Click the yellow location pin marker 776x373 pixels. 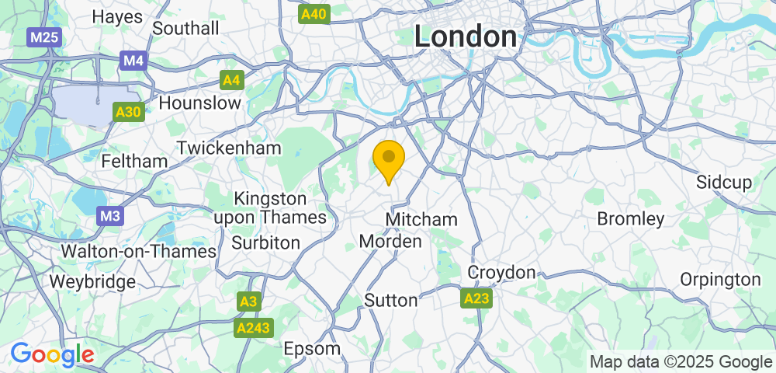(389, 159)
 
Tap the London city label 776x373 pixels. (466, 37)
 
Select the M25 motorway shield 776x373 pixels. (45, 37)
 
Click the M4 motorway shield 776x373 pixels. (133, 60)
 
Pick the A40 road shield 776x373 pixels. (314, 13)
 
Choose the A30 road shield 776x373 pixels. (128, 112)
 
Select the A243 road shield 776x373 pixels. (254, 328)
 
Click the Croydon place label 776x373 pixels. (501, 273)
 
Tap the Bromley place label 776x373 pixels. (631, 218)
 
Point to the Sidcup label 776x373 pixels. (724, 183)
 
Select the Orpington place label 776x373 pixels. (720, 279)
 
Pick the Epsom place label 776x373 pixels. (312, 348)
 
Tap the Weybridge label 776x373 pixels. (92, 281)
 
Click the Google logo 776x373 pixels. (52, 354)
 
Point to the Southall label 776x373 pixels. (186, 28)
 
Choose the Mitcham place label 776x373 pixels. (421, 219)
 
